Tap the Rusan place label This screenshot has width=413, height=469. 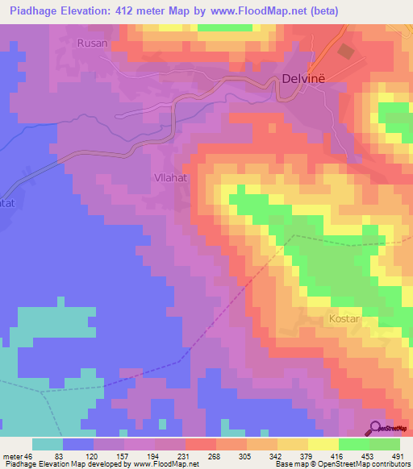tap(91, 43)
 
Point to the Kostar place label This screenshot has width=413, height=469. tap(344, 318)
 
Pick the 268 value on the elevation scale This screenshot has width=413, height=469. tap(215, 456)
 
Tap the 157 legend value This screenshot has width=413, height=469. tap(125, 456)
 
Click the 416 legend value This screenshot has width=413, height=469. tap(336, 456)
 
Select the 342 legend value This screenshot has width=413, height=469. tap(276, 456)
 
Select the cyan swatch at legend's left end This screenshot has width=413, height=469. tap(48, 444)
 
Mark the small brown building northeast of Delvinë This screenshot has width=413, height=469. tap(345, 52)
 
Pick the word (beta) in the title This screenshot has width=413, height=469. tap(320, 10)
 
